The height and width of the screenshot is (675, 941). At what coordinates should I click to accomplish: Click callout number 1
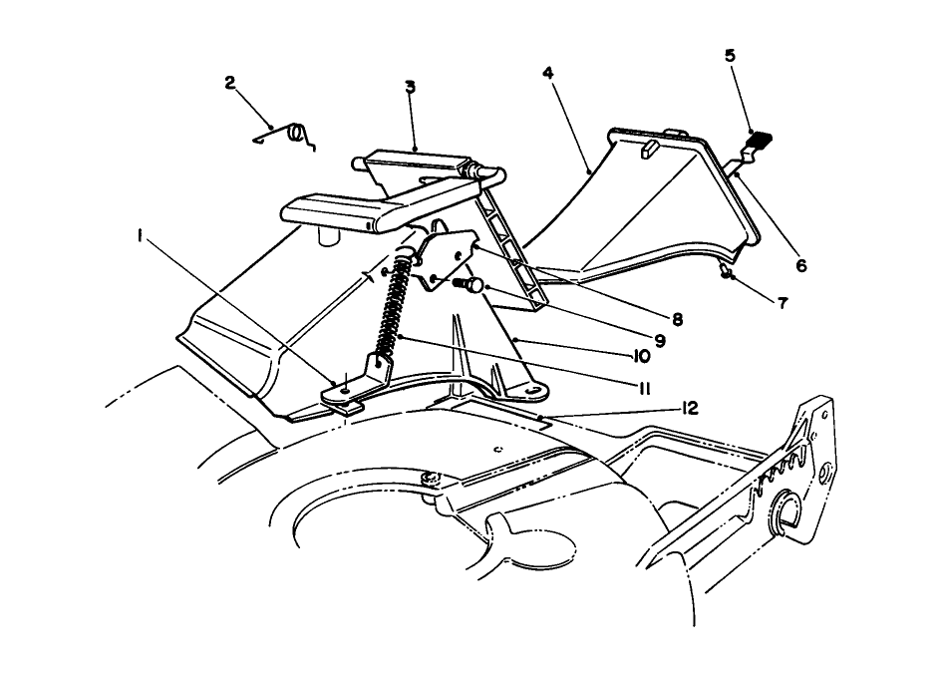[x=140, y=236]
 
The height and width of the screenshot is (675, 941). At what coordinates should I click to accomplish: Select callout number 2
[x=230, y=82]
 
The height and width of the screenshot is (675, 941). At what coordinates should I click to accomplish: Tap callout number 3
[x=410, y=87]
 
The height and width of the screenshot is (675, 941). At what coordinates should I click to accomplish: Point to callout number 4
[x=547, y=73]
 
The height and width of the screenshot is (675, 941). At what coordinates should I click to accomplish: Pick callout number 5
[x=730, y=56]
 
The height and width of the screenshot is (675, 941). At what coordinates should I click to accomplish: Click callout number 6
[x=801, y=264]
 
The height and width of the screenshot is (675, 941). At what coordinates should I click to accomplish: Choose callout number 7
[x=782, y=303]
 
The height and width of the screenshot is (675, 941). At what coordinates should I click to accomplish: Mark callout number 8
[x=677, y=320]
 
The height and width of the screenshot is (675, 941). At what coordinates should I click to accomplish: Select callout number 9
[x=660, y=341]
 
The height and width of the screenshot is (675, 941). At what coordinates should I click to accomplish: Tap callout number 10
[x=640, y=356]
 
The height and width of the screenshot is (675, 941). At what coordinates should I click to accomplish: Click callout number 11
[x=643, y=389]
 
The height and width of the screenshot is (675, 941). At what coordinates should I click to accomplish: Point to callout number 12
[x=690, y=409]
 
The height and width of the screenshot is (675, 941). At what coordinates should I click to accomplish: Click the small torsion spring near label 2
[x=285, y=137]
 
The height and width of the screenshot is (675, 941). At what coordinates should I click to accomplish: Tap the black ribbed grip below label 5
[x=758, y=140]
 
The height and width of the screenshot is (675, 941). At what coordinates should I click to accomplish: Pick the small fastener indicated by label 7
[x=727, y=272]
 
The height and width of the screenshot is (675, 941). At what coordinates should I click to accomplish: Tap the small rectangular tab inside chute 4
[x=649, y=149]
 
